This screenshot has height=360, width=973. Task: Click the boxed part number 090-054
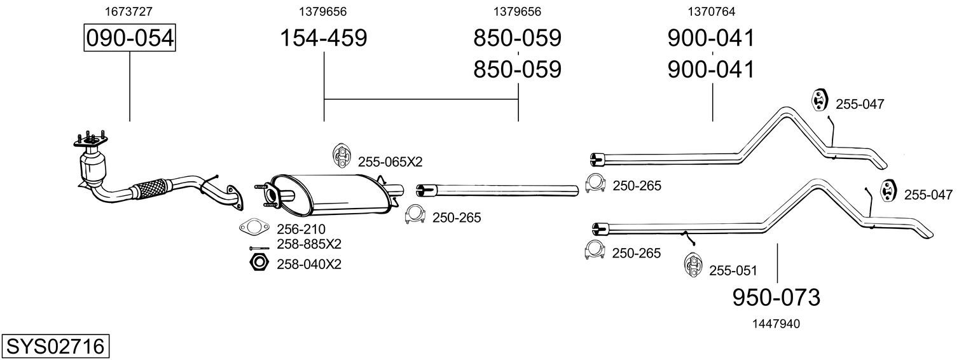pyautogui.click(x=130, y=38)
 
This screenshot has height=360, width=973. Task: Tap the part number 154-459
pyautogui.click(x=324, y=38)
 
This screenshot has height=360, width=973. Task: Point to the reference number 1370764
pyautogui.click(x=712, y=11)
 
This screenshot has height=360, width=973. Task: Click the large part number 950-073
pyautogui.click(x=776, y=297)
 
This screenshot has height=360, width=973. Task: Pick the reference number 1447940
pyautogui.click(x=777, y=324)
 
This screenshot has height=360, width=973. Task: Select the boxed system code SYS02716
pyautogui.click(x=55, y=347)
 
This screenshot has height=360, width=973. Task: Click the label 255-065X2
pyautogui.click(x=390, y=162)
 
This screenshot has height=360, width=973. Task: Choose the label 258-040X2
pyautogui.click(x=309, y=264)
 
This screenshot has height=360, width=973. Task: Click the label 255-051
pyautogui.click(x=733, y=271)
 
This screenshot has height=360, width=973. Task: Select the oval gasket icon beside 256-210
pyautogui.click(x=253, y=226)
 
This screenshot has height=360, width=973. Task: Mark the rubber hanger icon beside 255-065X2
pyautogui.click(x=341, y=156)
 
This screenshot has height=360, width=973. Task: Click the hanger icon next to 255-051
pyautogui.click(x=693, y=265)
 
